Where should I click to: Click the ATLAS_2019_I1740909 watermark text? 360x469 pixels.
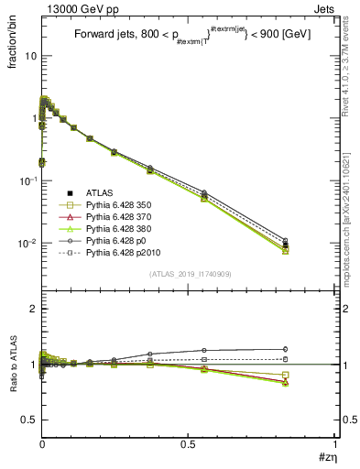point(190,275)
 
